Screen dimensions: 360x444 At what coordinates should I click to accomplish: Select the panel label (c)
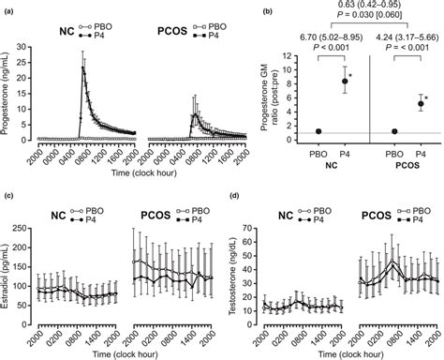pyautogui.click(x=9, y=193)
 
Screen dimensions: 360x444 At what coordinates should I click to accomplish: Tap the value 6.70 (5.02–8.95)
pyautogui.click(x=319, y=37)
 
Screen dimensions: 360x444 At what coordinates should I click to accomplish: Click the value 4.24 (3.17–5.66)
pyautogui.click(x=401, y=37)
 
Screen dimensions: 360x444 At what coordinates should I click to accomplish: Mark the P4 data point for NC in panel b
pyautogui.click(x=344, y=82)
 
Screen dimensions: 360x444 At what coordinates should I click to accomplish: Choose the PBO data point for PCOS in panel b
pyautogui.click(x=394, y=132)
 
